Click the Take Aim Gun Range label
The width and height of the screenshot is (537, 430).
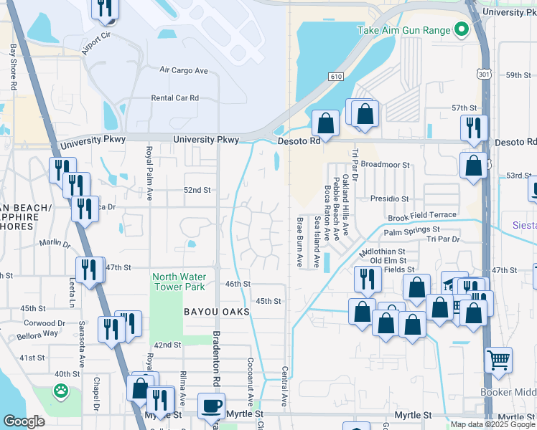[404, 30]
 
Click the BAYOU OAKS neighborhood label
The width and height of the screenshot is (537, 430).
[216, 312]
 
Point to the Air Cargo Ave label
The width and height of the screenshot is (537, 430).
[183, 70]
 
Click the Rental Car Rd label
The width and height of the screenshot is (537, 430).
[174, 98]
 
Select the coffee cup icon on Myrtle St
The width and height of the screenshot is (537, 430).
[210, 406]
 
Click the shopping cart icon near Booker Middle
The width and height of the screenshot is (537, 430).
[498, 360]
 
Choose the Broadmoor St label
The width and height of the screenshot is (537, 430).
[385, 165]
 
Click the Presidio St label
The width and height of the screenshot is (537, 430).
[389, 199]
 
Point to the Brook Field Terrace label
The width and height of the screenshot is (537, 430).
[422, 216]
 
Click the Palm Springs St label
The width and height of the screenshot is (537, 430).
[411, 232]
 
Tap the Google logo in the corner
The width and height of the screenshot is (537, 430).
[24, 422]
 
